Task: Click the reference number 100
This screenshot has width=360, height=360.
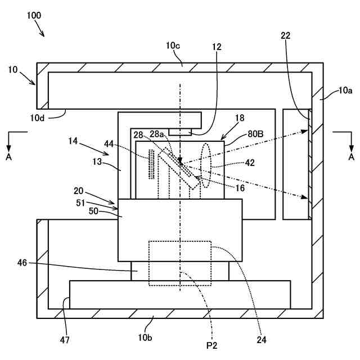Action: pyautogui.click(x=33, y=15)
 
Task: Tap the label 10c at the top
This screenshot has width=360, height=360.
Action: pyautogui.click(x=173, y=44)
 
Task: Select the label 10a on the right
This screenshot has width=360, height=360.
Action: pyautogui.click(x=346, y=89)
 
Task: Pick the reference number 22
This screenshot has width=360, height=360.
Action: pyautogui.click(x=286, y=35)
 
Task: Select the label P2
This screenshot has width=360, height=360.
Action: pyautogui.click(x=211, y=344)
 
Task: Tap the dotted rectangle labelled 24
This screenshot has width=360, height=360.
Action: pyautogui.click(x=179, y=263)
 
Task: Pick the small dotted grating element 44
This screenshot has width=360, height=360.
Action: pyautogui.click(x=151, y=164)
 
